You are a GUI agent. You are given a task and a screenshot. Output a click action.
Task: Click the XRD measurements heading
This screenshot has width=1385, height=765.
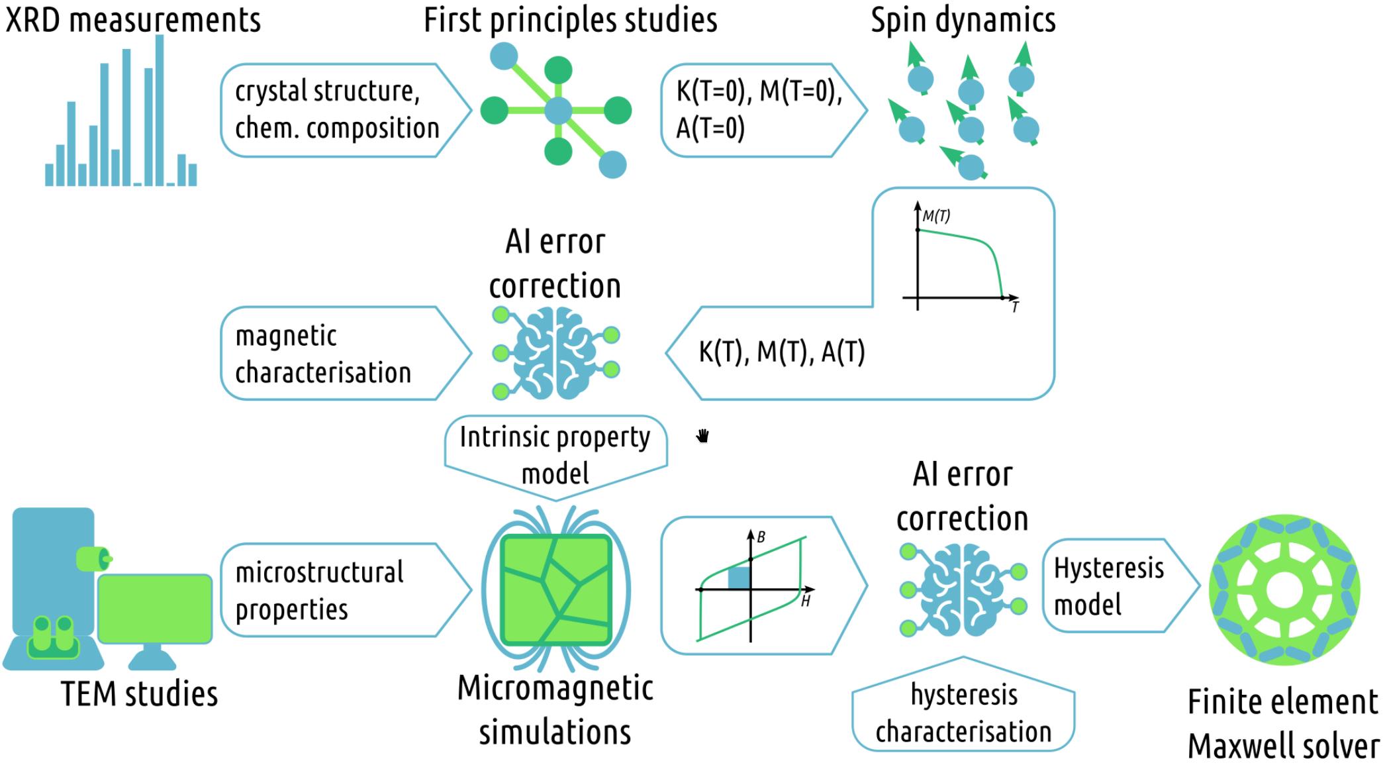click(x=133, y=20)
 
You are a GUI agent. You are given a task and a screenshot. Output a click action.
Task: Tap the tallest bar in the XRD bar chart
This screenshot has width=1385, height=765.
click(x=160, y=109)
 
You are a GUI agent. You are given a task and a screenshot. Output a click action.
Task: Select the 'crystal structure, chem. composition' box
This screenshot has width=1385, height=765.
click(x=338, y=110)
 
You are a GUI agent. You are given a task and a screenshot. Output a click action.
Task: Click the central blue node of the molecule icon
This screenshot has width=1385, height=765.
click(x=559, y=111)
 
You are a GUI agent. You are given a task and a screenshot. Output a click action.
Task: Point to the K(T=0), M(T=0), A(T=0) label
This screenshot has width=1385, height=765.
click(x=759, y=109)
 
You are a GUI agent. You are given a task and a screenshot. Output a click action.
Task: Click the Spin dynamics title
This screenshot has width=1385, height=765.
click(x=963, y=20)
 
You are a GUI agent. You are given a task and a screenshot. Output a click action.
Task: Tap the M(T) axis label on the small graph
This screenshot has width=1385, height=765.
click(x=936, y=216)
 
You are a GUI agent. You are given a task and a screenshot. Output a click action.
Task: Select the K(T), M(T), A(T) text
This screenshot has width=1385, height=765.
click(x=782, y=352)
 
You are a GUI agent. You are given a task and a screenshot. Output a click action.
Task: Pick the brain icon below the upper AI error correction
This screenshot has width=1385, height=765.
click(x=556, y=353)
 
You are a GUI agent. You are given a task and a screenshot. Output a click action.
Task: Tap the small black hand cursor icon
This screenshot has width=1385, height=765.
click(x=703, y=436)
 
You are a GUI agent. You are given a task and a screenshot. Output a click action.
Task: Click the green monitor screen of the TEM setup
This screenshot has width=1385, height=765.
click(x=155, y=608)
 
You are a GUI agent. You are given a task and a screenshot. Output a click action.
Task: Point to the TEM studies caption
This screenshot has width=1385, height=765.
click(x=140, y=694)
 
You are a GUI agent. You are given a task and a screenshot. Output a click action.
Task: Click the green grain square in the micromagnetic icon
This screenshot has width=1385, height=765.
click(x=556, y=589)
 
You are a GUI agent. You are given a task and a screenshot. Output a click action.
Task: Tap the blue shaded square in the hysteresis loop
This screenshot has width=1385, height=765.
click(x=739, y=578)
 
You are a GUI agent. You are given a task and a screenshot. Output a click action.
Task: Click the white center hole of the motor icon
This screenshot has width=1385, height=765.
click(x=1284, y=589)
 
